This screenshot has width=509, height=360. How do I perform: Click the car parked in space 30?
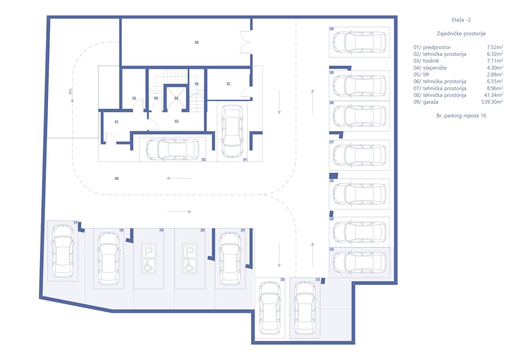point(359,42)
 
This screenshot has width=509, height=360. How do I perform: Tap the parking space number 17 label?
point(75,222)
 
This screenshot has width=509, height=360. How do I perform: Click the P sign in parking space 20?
point(190,251)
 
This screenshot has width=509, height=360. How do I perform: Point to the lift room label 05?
point(176,98)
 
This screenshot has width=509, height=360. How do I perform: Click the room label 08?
point(197,42)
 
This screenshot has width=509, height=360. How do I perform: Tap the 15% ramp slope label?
point(70,92)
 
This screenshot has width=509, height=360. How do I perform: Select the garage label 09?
point(116,178)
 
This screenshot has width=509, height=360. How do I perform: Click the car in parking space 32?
point(172,149)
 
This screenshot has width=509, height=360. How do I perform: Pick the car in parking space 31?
point(232,131)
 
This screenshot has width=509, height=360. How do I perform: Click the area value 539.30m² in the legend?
point(492,102)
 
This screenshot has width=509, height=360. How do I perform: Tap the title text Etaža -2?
point(461,20)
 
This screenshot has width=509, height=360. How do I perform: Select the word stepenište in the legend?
point(435,68)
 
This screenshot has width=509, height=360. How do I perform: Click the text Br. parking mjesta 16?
point(461,116)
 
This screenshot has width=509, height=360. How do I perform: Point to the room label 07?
point(228,83)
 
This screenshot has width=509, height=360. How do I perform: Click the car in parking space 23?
point(305,308)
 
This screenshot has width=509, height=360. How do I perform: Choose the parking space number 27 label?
point(331,142)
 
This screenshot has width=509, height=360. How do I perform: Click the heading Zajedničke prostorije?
point(461,34)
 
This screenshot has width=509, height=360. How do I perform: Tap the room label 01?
point(116,122)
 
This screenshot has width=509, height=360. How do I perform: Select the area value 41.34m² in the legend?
point(493,95)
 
